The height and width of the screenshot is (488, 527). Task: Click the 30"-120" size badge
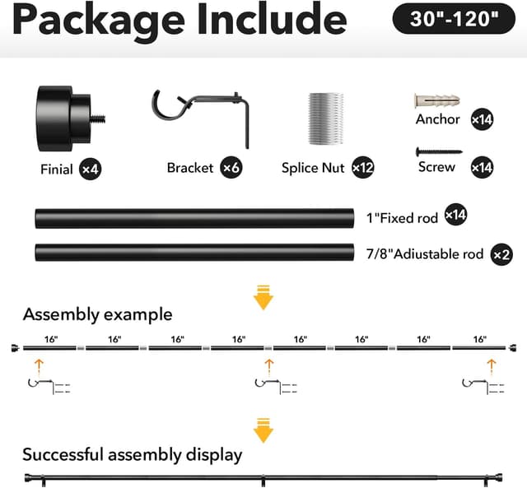(454, 18)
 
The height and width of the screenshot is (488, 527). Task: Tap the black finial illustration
(72, 119)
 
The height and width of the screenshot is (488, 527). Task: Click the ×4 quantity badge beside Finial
(91, 169)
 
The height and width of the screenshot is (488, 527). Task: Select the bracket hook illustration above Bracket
(201, 119)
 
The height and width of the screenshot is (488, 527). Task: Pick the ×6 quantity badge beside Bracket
(231, 167)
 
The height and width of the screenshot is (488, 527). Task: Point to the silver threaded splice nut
(326, 119)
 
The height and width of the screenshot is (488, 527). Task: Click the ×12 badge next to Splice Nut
(363, 167)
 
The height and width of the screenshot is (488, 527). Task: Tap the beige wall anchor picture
(437, 100)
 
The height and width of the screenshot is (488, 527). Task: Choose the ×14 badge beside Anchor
(482, 119)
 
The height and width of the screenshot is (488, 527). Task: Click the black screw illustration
(439, 151)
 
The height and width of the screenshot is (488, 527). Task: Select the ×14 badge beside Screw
(482, 167)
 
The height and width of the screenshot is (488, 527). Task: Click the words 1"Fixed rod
(402, 218)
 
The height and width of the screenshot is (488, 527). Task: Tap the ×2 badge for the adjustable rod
(501, 254)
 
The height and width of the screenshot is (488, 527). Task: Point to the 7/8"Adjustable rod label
(425, 254)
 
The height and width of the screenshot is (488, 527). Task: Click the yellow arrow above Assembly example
(263, 297)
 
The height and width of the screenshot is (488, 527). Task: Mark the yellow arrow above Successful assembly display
(263, 430)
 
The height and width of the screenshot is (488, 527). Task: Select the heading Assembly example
(97, 314)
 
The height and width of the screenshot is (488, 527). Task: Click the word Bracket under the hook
(190, 168)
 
